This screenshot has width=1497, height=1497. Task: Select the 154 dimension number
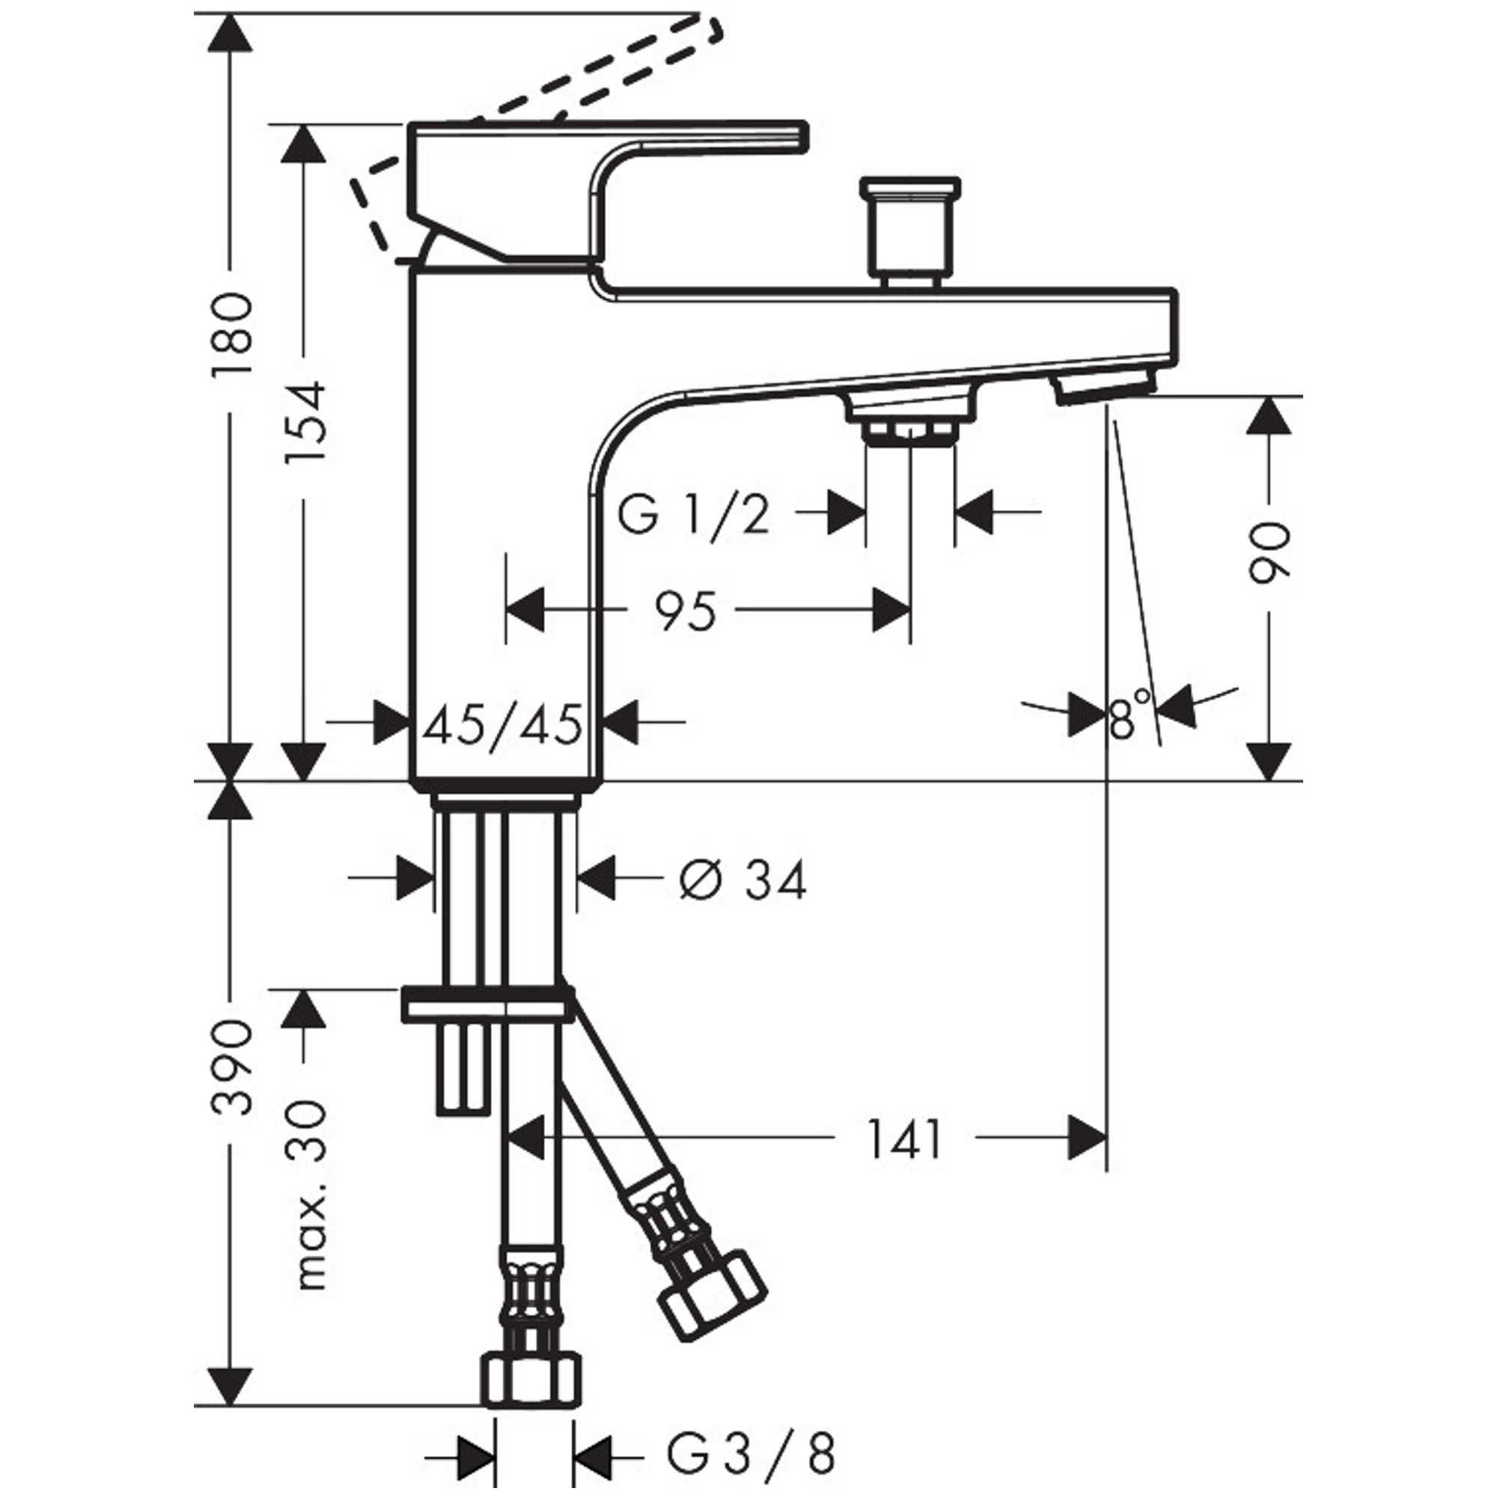(304, 422)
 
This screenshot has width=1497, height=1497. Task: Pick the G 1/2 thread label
(694, 514)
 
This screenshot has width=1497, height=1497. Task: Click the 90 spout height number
(1269, 552)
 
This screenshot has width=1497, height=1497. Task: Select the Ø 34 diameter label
(743, 880)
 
